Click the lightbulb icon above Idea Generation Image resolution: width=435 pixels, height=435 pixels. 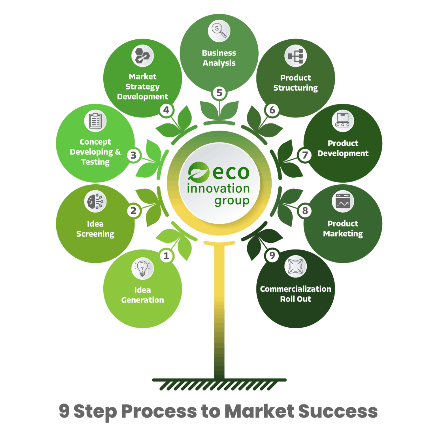click(142, 268)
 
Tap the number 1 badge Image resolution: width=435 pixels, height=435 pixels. click(166, 256)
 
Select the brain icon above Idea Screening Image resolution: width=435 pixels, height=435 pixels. click(95, 201)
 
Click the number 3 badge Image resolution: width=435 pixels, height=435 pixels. click(133, 155)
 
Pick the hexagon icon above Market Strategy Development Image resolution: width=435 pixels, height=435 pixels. click(142, 56)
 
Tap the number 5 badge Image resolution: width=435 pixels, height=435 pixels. click(219, 93)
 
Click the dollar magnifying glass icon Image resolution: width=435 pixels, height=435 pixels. click(219, 31)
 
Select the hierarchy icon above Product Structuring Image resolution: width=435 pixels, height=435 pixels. click(295, 56)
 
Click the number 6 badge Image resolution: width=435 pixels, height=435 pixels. click(272, 110)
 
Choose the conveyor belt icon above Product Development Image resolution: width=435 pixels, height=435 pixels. click(343, 121)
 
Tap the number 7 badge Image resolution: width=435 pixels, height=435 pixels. click(305, 155)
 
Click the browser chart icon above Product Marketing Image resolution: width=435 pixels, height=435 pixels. click(343, 201)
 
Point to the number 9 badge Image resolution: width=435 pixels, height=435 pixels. click(272, 255)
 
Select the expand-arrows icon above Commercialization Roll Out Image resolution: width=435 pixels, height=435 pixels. click(295, 266)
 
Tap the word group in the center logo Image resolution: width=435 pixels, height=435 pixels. click(232, 201)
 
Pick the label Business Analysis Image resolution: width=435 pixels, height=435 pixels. click(219, 58)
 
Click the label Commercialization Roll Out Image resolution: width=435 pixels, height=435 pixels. click(295, 294)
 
